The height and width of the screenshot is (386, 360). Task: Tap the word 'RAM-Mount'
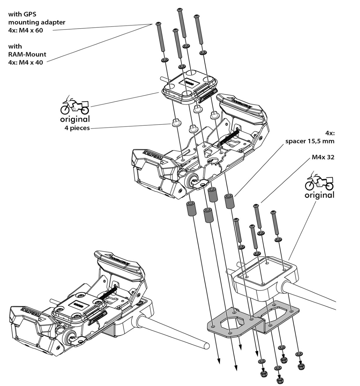(27, 54)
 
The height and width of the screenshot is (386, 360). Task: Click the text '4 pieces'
(77, 128)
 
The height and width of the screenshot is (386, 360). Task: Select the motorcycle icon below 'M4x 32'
(319, 181)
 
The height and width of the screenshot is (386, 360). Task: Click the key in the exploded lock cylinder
(202, 183)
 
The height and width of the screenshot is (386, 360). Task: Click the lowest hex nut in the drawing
(279, 380)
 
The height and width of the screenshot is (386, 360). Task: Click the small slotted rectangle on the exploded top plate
(189, 82)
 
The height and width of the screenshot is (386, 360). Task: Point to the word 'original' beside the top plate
(75, 119)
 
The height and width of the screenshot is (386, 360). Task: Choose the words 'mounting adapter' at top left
(37, 22)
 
